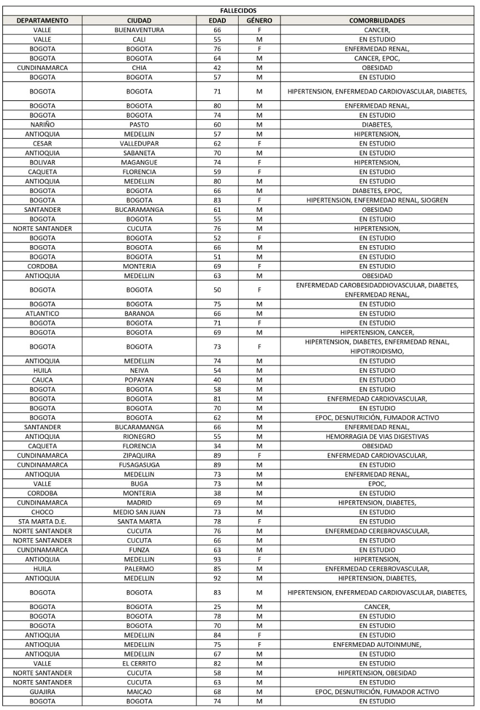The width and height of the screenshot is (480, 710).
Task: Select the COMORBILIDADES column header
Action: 377,21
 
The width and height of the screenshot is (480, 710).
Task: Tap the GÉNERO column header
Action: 259,21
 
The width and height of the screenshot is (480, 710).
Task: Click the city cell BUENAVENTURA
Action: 139,30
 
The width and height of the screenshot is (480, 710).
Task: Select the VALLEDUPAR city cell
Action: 139,143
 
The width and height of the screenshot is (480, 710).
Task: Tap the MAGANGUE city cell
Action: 139,162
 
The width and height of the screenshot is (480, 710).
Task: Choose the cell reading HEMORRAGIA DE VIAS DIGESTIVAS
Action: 377,436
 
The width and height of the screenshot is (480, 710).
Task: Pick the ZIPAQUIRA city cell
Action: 139,455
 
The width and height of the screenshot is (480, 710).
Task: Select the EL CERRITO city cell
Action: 139,663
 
